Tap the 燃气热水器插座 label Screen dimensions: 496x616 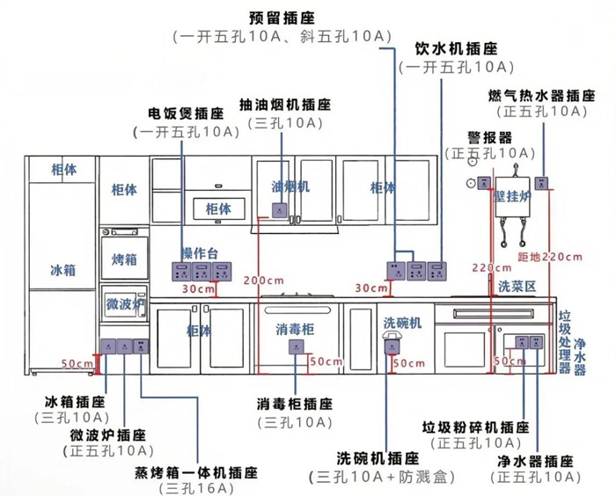pos(539,94)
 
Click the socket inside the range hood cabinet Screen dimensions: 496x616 pos(282,209)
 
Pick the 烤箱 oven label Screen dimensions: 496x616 pos(124,260)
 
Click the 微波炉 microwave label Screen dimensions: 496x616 pos(124,304)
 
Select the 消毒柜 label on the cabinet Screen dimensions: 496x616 pos(294,329)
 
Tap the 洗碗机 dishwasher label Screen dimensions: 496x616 pos(402,324)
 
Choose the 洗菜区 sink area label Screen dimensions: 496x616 pos(517,286)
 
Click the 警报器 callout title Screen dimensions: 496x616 pos(489,137)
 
